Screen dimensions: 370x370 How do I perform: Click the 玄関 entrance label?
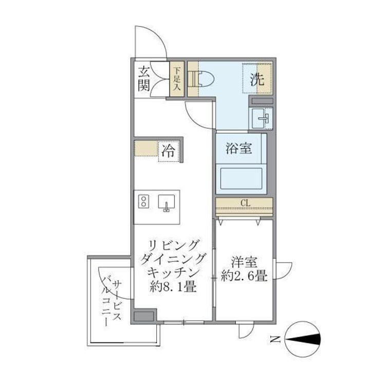[x=144, y=79]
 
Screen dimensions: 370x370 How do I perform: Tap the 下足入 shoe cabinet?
[x=177, y=79]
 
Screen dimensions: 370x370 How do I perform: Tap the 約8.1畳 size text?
[x=173, y=287]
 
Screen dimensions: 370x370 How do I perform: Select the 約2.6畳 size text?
[x=244, y=277]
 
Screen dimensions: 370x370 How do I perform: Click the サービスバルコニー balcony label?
[x=111, y=300]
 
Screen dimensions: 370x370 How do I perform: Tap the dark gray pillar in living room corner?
[x=144, y=315]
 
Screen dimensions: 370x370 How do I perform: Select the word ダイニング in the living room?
[x=173, y=258]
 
